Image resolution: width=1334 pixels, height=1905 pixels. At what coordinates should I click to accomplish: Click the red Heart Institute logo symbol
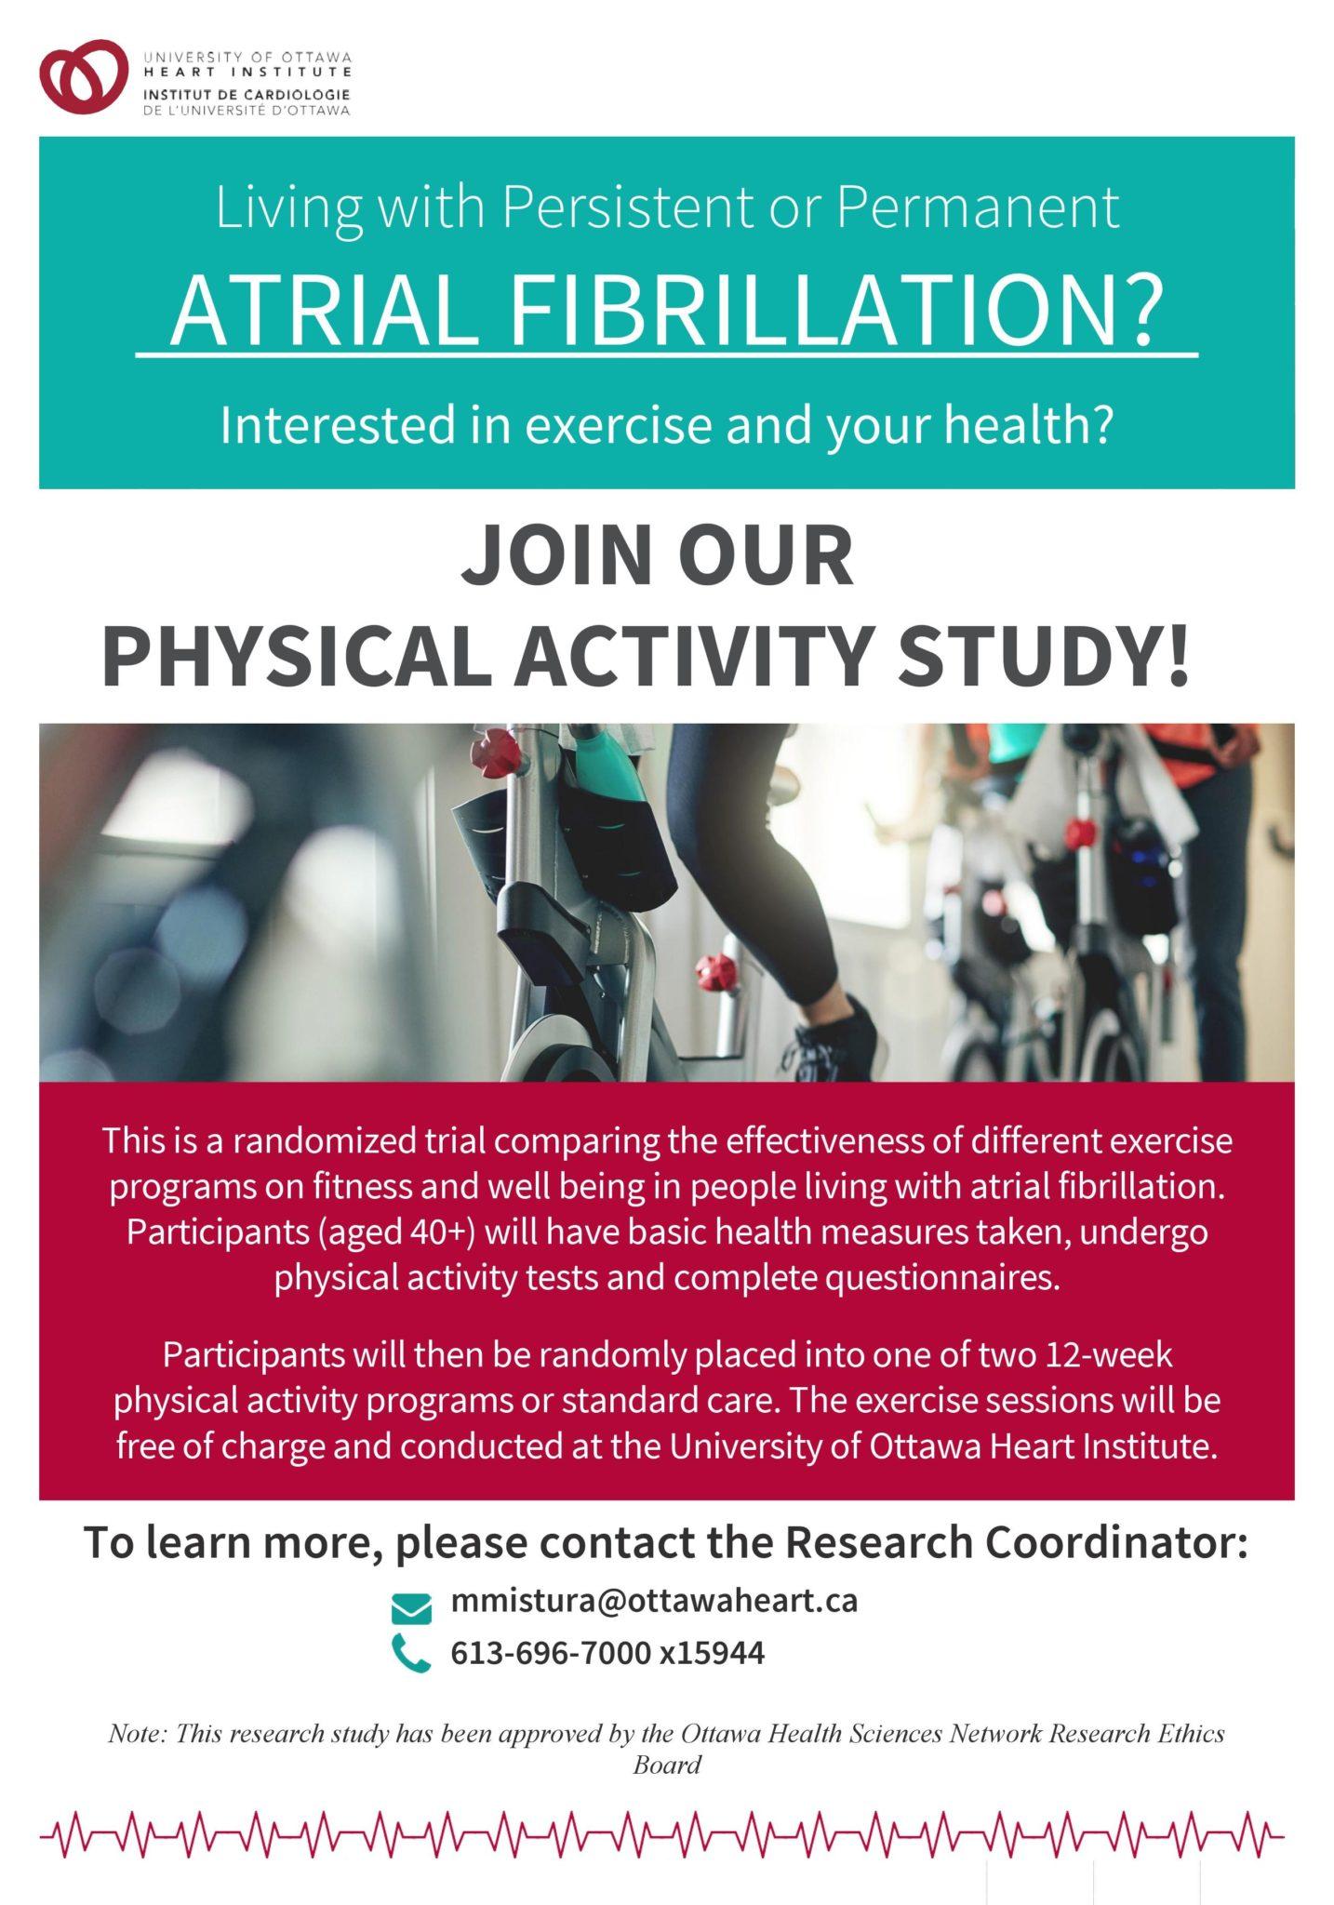click(x=83, y=75)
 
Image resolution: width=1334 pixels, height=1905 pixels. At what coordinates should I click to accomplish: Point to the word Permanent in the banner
click(x=978, y=207)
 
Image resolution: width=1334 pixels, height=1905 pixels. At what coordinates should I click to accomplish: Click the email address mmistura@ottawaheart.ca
click(x=654, y=1601)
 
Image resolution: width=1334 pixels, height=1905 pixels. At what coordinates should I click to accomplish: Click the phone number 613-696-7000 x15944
click(x=607, y=1653)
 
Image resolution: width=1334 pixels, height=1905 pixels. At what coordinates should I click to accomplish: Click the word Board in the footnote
click(x=667, y=1765)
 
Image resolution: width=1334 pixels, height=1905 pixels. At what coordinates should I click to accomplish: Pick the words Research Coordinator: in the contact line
click(x=1016, y=1542)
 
